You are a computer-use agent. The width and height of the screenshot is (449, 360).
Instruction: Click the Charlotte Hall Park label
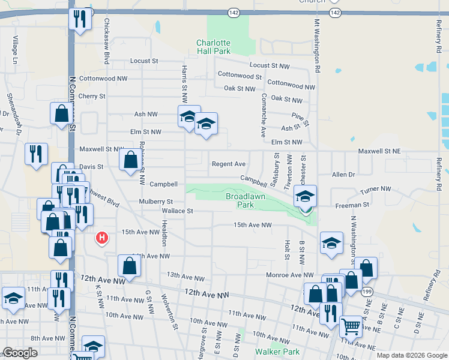click(x=213, y=47)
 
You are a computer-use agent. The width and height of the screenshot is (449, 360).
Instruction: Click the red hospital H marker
click(x=103, y=238)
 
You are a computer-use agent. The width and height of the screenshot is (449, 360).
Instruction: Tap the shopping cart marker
click(x=351, y=327)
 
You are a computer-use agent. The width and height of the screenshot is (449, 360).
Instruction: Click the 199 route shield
click(x=367, y=291)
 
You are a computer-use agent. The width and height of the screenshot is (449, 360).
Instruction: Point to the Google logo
click(x=20, y=353)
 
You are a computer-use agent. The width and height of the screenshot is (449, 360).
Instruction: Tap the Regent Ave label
click(x=228, y=164)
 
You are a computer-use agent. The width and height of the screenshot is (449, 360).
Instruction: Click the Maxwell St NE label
click(x=379, y=152)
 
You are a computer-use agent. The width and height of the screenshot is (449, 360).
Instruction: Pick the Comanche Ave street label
click(x=263, y=111)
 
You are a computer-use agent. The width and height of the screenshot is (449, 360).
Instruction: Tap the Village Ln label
click(x=14, y=51)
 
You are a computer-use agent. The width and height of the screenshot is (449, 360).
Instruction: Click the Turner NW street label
click(x=376, y=190)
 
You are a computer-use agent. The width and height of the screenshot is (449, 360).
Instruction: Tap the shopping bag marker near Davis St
click(x=130, y=160)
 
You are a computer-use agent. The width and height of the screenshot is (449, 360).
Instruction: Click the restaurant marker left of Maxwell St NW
click(x=36, y=154)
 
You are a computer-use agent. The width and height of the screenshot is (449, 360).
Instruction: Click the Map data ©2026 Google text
click(x=411, y=355)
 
